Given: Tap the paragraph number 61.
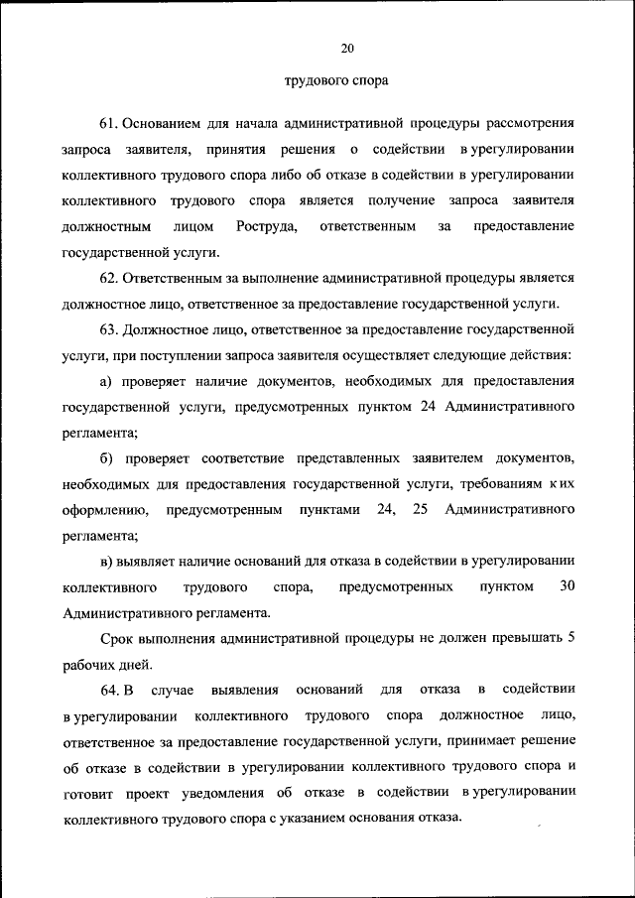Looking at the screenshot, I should click(x=110, y=123).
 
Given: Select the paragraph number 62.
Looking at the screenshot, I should click(x=110, y=277).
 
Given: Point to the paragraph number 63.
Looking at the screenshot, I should click(x=110, y=327).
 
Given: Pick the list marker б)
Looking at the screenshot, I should click(x=108, y=456).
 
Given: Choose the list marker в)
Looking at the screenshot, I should click(x=108, y=561).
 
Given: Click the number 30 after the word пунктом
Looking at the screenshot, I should click(x=567, y=586).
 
